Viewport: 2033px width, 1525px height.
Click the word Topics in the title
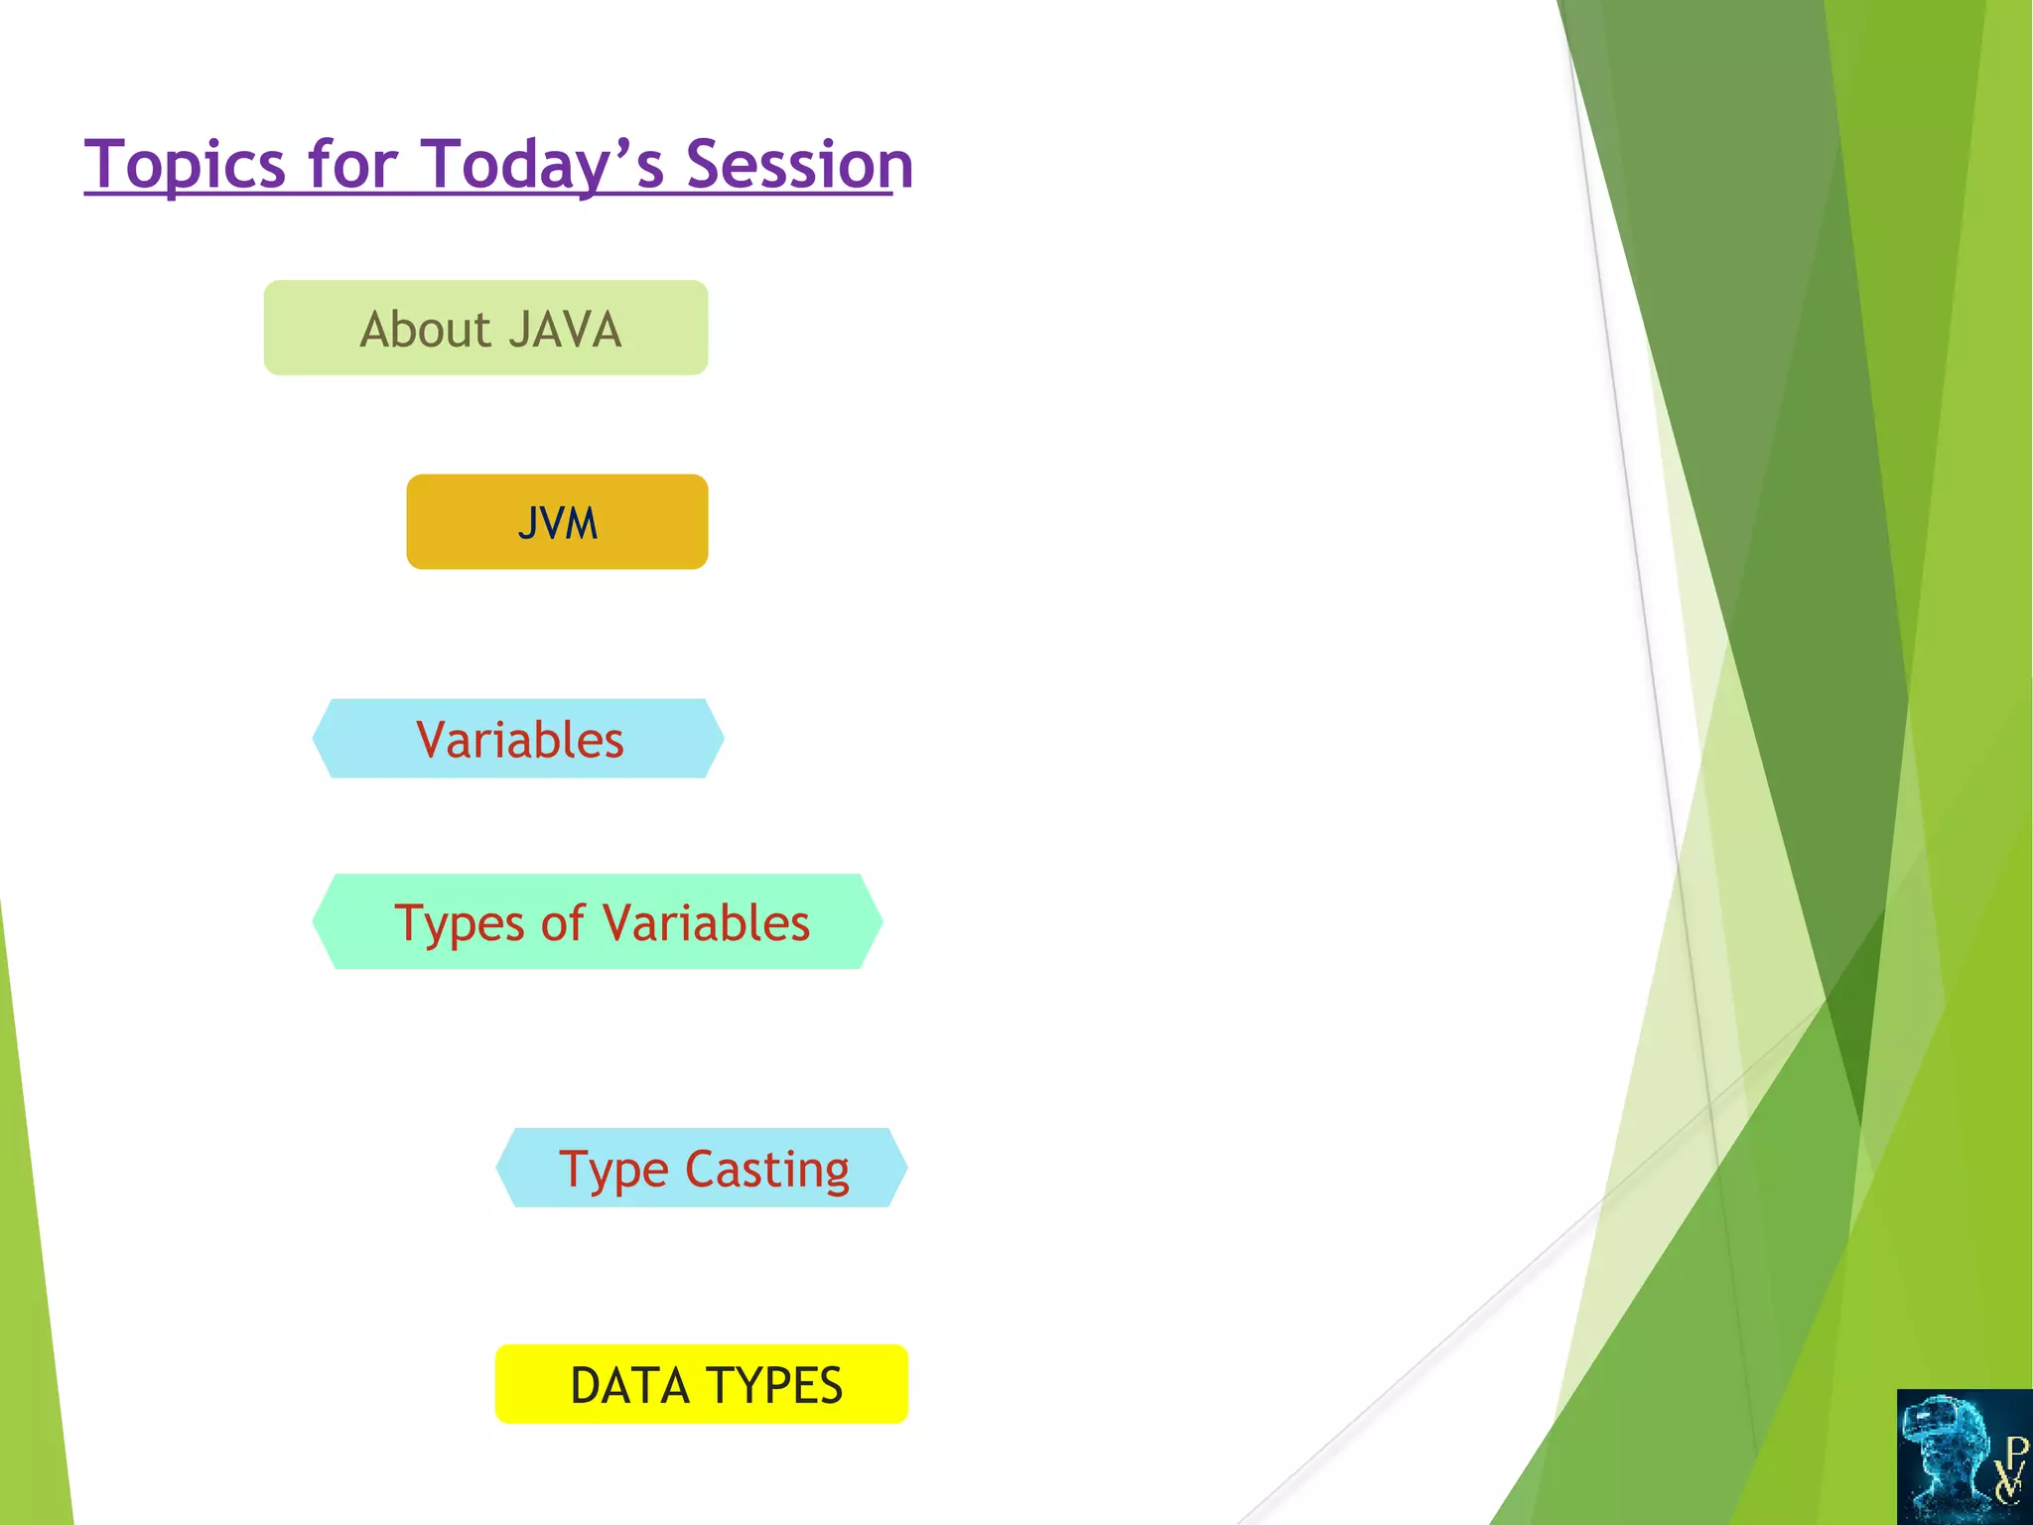coord(186,165)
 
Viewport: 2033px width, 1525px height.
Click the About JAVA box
coord(485,328)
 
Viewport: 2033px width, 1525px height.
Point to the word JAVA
coord(566,330)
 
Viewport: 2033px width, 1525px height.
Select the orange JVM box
coord(557,521)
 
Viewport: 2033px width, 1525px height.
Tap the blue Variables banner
coord(518,739)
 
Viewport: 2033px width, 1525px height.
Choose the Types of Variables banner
coord(598,921)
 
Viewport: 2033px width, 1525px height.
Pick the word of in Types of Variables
coord(563,922)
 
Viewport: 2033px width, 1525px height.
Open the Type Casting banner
coord(702,1168)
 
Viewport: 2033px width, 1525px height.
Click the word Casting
coord(767,1171)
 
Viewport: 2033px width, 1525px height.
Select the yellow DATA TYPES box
coord(702,1384)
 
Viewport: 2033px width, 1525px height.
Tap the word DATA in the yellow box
coord(629,1386)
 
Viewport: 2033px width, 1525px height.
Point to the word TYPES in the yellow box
coord(774,1386)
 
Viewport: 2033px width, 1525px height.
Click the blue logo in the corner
coord(1965,1456)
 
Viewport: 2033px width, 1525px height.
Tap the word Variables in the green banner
coord(707,923)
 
